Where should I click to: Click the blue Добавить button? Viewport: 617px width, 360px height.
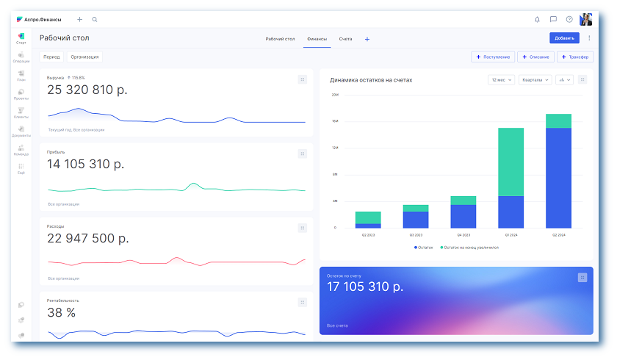[x=563, y=38]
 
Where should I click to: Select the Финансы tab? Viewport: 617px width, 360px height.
[x=317, y=38]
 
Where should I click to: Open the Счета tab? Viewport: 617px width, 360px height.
[x=345, y=38]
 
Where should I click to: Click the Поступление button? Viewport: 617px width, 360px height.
[x=493, y=57]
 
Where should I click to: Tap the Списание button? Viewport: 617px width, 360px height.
[x=536, y=57]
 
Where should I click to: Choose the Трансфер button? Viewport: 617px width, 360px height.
[x=575, y=57]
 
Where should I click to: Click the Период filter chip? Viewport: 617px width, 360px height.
[x=51, y=57]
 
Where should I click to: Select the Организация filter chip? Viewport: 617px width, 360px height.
[x=84, y=57]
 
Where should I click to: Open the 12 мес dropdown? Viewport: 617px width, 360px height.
[x=501, y=79]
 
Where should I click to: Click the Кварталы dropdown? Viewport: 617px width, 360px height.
[x=535, y=79]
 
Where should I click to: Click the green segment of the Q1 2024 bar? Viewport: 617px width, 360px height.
[x=510, y=162]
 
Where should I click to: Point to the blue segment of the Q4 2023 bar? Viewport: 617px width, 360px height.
[x=463, y=216]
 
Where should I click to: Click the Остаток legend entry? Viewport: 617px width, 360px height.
[x=424, y=248]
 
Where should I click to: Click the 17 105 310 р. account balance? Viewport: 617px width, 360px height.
[x=365, y=286]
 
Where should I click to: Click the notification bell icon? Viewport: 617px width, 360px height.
[x=537, y=19]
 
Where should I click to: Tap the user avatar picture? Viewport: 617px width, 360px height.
[x=585, y=19]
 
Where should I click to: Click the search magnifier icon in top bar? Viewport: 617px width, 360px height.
[x=95, y=19]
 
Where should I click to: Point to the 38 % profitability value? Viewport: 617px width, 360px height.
[x=61, y=312]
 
